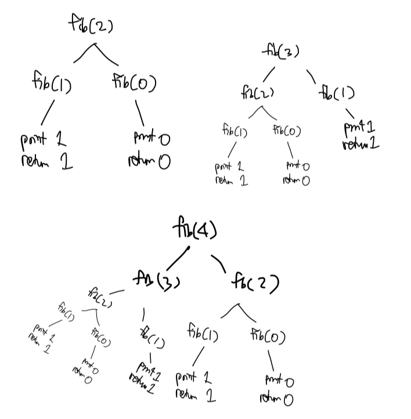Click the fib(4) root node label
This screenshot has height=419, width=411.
pyautogui.click(x=194, y=230)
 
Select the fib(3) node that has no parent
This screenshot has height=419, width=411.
pyautogui.click(x=280, y=52)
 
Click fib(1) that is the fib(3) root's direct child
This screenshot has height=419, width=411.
pyautogui.click(x=336, y=93)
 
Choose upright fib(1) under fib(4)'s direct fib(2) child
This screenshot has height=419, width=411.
pyautogui.click(x=202, y=335)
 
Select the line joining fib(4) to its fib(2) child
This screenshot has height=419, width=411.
pyautogui.click(x=219, y=262)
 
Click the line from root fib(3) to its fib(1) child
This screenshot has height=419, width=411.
pyautogui.click(x=311, y=75)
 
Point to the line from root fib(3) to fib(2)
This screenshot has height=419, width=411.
pyautogui.click(x=268, y=74)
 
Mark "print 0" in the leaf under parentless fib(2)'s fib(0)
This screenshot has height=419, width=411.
pyautogui.click(x=149, y=139)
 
